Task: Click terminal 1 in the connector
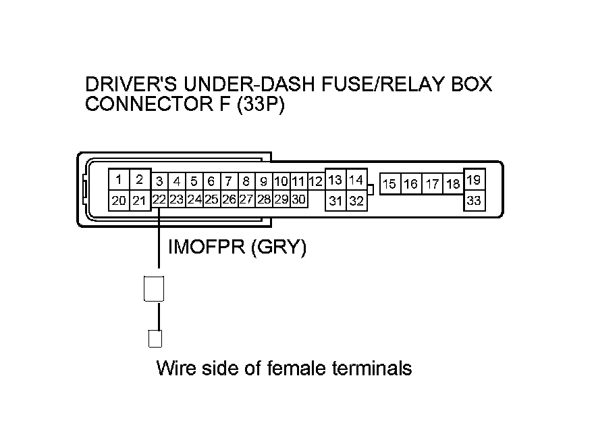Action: pos(119,180)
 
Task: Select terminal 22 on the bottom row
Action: pos(159,199)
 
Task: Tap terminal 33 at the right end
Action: pos(474,200)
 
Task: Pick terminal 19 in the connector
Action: pos(474,180)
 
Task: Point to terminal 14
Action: pos(356,180)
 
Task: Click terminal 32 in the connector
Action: pos(356,200)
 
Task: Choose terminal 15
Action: pos(389,184)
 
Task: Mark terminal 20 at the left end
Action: pos(119,200)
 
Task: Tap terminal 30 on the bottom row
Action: pos(298,199)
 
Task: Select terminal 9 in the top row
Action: pos(264,181)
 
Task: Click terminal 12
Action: pos(315,181)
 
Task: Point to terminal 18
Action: pos(453,184)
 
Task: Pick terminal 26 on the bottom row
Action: pos(229,199)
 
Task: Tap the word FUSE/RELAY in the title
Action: pos(356,85)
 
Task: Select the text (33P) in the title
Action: pos(261,105)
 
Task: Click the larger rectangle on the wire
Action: pos(155,289)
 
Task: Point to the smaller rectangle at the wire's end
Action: pos(155,338)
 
